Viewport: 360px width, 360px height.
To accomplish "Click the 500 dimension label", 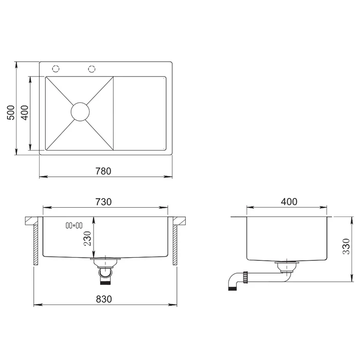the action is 11,113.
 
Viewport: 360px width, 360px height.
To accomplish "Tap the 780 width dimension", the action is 103,171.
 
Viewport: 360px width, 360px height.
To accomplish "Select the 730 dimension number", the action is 103,202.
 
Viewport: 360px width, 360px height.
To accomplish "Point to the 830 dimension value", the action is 104,299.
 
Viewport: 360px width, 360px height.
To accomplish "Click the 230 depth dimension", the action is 87,239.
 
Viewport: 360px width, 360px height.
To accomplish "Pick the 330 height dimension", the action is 346,246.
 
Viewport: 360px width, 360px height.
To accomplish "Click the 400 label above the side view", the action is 289,202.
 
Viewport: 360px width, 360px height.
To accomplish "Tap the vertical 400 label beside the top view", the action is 25,113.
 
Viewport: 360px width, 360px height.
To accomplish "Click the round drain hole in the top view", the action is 80,112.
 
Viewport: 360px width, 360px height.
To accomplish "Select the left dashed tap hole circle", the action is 56,68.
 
